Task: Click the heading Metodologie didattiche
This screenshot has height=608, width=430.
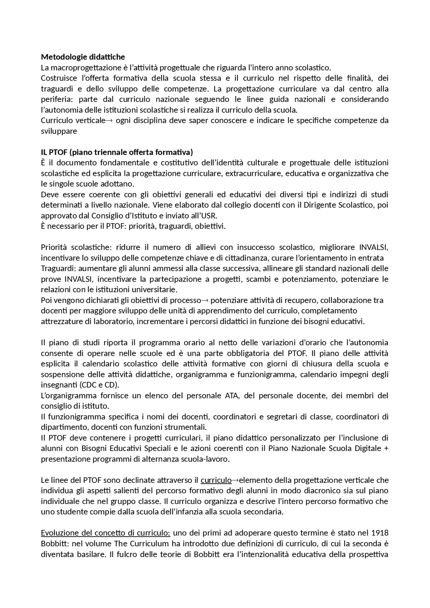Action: coord(83,57)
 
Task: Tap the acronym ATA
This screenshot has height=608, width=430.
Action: coord(232,395)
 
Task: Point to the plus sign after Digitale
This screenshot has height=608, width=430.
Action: coord(386,449)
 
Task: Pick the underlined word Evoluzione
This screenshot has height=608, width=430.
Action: coord(58,533)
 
